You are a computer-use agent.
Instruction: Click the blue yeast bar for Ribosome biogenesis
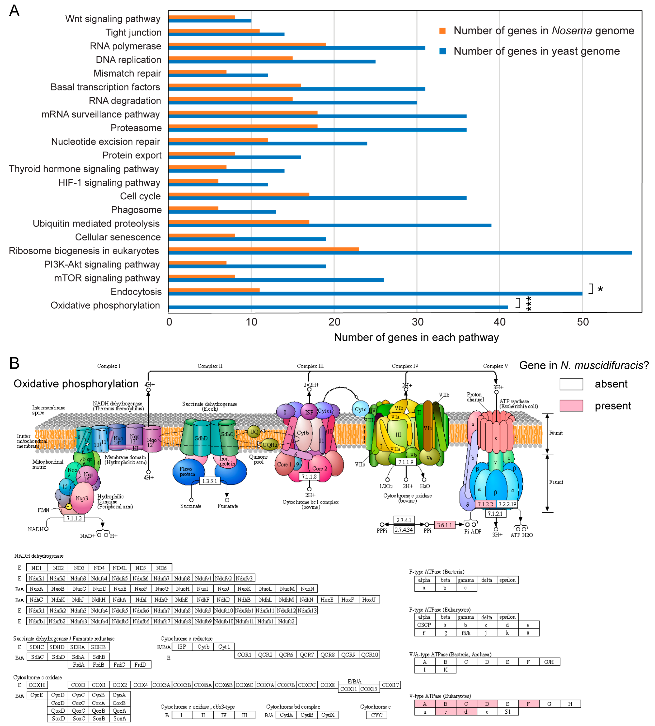[399, 253]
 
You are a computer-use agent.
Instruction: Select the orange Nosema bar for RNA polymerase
[247, 45]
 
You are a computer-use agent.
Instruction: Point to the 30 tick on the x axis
[417, 322]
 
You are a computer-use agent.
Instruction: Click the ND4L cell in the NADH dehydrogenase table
[120, 568]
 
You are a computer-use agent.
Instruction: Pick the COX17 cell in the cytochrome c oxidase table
[390, 685]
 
